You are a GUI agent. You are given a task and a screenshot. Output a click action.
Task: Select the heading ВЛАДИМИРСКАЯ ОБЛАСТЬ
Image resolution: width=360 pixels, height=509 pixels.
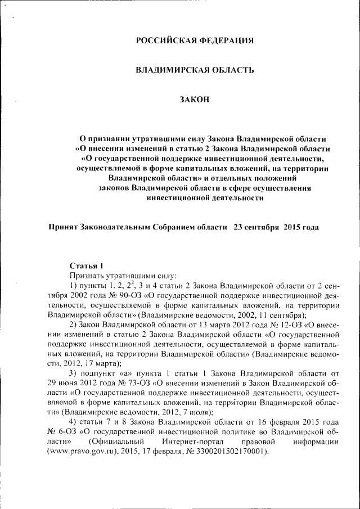pos(195,70)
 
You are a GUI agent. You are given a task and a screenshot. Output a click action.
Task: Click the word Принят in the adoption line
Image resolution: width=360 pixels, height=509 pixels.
pos(64,228)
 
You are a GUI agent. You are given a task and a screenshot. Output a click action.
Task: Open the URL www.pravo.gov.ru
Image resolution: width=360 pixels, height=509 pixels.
pos(84,452)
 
